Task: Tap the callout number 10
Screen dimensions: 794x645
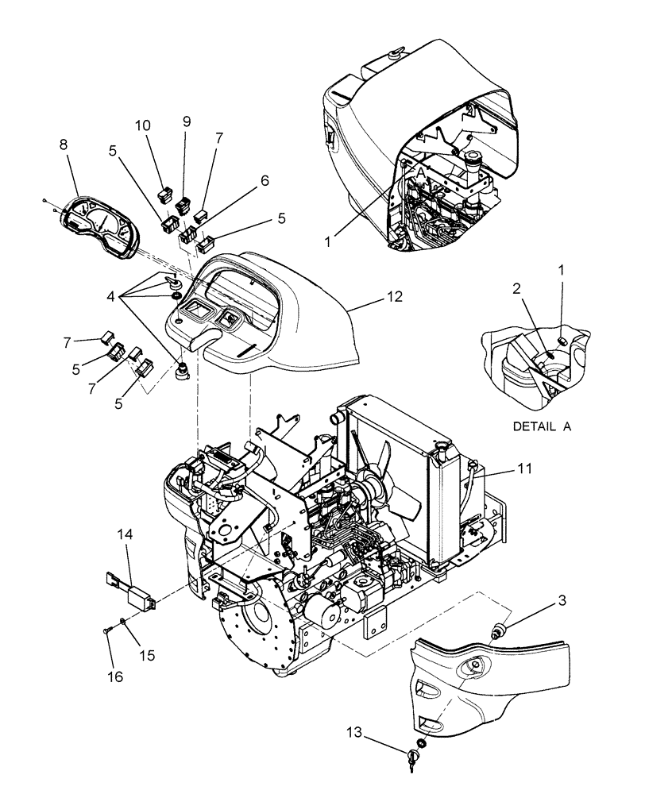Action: coord(143,126)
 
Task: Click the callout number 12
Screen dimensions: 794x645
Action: coord(394,297)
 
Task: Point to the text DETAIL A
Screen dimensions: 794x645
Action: coord(542,426)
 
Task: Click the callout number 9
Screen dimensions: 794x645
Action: coord(187,121)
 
